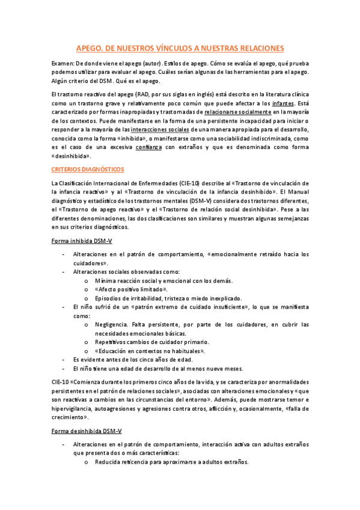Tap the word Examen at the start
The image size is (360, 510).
(x=63, y=63)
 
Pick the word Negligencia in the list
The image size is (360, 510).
(x=113, y=325)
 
